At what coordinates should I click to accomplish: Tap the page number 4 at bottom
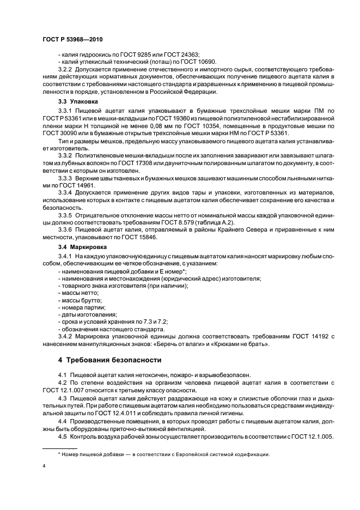44,466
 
